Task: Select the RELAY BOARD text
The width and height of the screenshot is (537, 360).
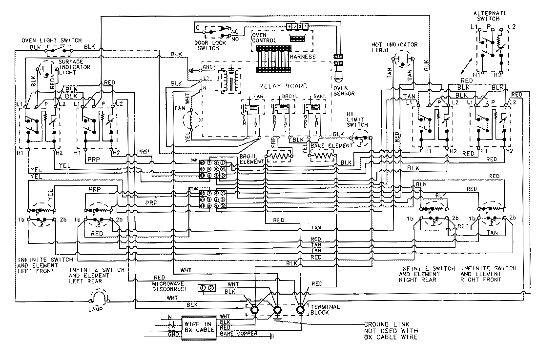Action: pyautogui.click(x=277, y=86)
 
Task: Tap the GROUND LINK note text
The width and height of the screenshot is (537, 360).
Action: pyautogui.click(x=391, y=330)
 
